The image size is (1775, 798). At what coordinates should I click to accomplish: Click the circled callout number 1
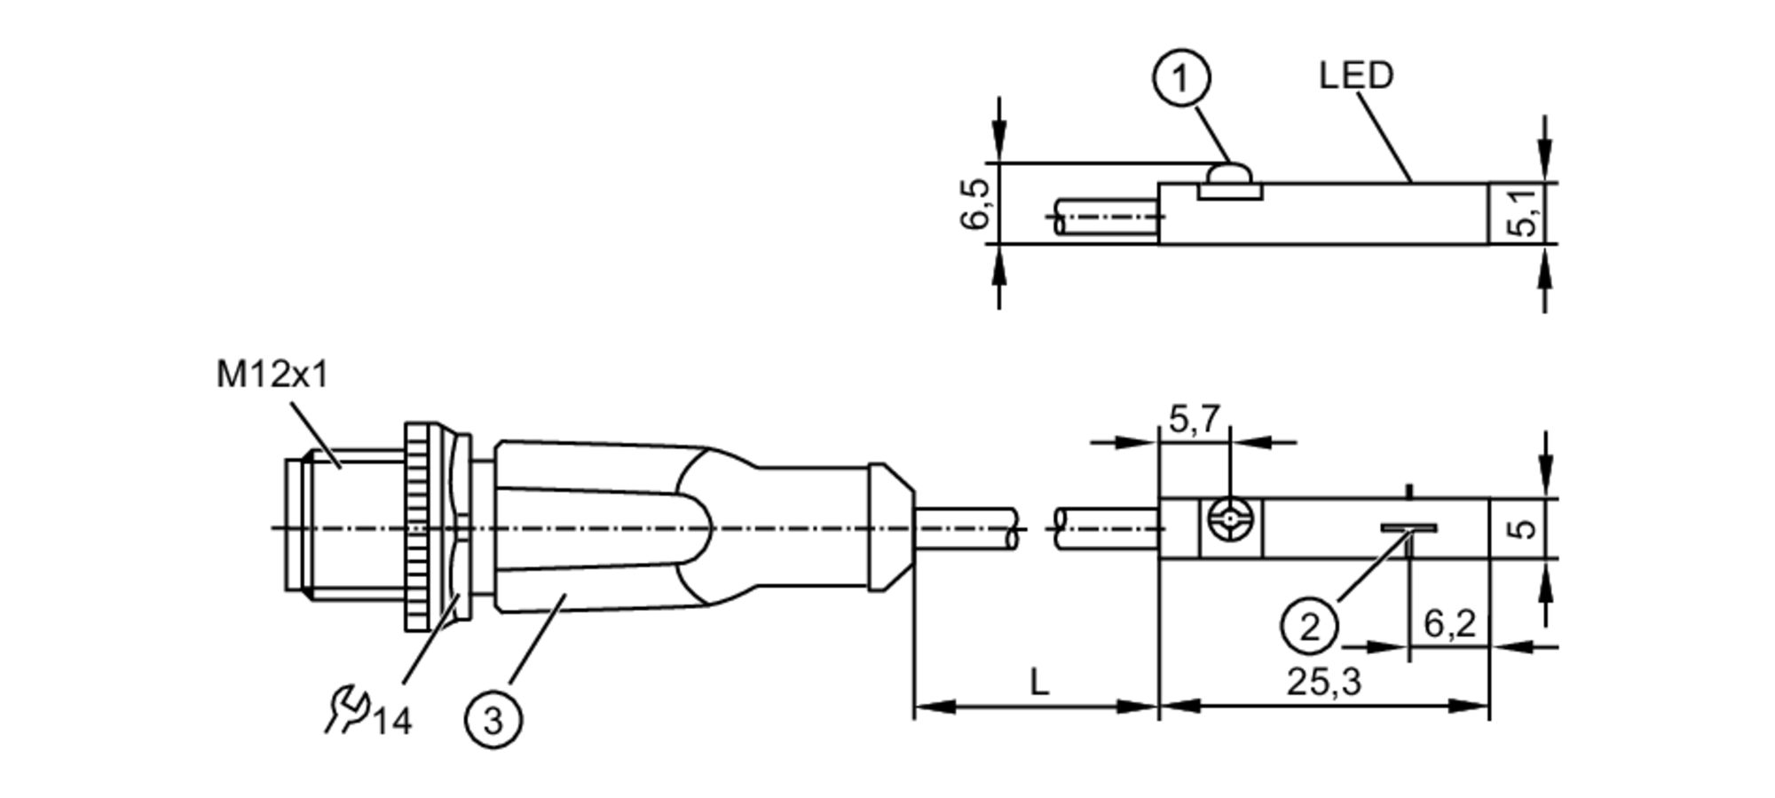click(1181, 79)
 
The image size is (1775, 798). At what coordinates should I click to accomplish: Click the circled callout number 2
click(1309, 627)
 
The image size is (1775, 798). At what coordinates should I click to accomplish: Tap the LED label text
click(1355, 75)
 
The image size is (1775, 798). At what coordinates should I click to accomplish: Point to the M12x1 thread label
click(272, 375)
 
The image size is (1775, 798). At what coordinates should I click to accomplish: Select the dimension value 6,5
click(974, 203)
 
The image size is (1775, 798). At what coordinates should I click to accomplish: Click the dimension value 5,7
click(1195, 419)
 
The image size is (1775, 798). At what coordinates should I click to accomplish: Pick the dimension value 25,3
click(1323, 683)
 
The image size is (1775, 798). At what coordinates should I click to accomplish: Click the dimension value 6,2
click(1449, 624)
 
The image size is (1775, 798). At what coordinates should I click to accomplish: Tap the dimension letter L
click(1038, 683)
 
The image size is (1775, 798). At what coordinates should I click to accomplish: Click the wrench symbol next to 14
click(347, 709)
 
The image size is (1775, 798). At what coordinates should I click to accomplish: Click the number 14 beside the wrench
click(391, 722)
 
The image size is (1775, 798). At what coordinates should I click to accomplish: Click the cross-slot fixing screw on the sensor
click(1230, 528)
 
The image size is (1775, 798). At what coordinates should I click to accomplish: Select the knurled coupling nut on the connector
click(422, 527)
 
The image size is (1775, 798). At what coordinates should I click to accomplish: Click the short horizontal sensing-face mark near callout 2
click(1408, 528)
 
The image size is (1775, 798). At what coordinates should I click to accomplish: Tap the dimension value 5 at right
click(1523, 528)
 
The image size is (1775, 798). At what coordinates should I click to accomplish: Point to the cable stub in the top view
click(1105, 217)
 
